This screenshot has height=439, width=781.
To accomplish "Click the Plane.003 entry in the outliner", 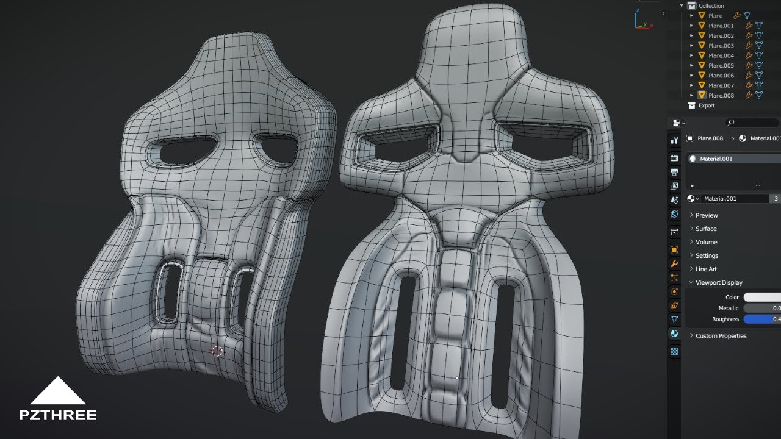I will [x=721, y=46].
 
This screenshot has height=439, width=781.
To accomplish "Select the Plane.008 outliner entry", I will [x=721, y=96].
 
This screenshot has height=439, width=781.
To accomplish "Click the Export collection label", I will [x=706, y=105].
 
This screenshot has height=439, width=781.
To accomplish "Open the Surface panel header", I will [x=706, y=229].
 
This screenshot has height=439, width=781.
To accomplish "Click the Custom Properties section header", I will [x=721, y=336].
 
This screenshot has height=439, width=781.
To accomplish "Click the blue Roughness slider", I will [x=761, y=319].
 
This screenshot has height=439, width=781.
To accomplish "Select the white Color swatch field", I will [x=761, y=298].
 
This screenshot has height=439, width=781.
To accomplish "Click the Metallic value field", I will [x=761, y=309].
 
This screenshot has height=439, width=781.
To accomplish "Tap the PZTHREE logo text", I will [x=58, y=415].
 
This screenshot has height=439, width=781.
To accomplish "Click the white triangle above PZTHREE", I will [x=58, y=392].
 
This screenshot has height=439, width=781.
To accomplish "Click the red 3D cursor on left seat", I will [x=217, y=351].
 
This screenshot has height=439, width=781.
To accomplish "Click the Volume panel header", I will [x=706, y=242].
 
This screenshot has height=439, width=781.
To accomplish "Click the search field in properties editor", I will [x=752, y=123].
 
